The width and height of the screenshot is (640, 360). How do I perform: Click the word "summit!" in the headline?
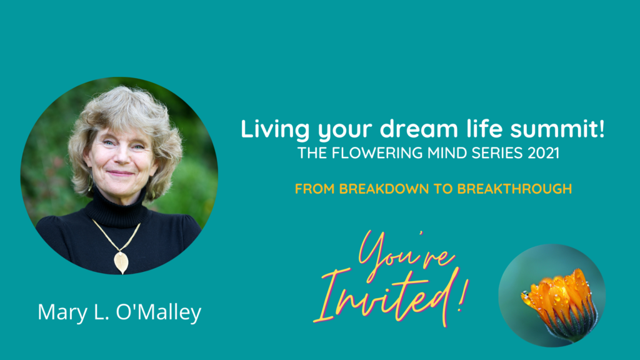click(557, 129)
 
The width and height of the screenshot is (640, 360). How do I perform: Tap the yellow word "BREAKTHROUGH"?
click(514, 189)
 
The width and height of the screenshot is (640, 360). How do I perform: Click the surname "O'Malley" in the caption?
click(158, 312)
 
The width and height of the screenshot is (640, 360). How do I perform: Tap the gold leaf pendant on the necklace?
click(121, 262)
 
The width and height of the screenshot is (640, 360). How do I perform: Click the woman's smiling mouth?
click(121, 174)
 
